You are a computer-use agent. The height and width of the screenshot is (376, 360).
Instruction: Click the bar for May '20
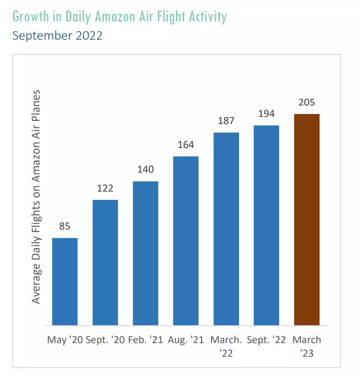(x=65, y=282)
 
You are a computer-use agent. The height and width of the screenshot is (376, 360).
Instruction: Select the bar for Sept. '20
(x=105, y=263)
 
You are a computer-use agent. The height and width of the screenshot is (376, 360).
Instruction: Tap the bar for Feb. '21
(x=146, y=253)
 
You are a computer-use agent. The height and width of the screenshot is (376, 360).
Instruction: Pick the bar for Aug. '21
(x=186, y=241)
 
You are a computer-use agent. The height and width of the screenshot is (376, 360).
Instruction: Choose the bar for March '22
(x=226, y=229)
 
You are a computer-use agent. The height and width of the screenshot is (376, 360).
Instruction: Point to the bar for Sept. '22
(x=266, y=226)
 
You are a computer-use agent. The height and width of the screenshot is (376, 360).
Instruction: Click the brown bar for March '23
(x=307, y=220)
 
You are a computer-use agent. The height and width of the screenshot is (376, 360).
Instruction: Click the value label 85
(x=65, y=226)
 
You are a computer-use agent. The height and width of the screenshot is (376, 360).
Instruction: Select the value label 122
(x=105, y=188)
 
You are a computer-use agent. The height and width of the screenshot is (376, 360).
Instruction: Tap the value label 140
(x=146, y=169)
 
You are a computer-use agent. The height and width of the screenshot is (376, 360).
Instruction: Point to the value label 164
(x=186, y=145)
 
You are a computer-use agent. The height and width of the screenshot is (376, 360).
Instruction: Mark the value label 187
(x=226, y=121)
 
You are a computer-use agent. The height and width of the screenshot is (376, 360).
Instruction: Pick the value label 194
(x=266, y=114)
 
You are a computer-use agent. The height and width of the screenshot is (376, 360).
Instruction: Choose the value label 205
(x=307, y=102)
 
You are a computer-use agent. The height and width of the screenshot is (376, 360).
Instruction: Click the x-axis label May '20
(x=65, y=340)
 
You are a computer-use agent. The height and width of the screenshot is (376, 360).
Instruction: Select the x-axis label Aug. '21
(x=186, y=340)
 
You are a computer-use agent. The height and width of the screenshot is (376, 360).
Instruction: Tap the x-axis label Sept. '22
(x=266, y=340)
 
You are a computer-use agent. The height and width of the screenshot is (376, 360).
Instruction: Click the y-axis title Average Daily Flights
(x=36, y=251)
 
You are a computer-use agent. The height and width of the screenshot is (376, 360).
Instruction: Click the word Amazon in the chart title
(x=115, y=16)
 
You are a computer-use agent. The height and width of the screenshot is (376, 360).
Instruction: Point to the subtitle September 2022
(x=57, y=35)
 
